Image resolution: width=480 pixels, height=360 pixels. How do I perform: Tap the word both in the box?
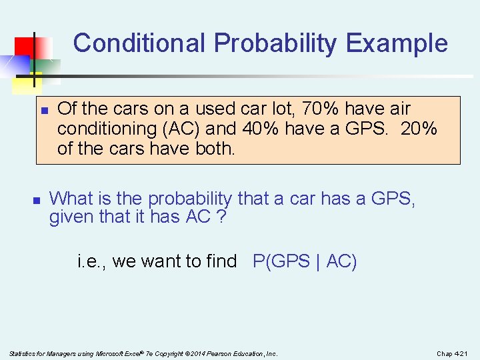214,148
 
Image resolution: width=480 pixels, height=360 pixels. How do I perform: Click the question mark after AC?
221,217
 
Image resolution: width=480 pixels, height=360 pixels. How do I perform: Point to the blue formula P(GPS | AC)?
305,261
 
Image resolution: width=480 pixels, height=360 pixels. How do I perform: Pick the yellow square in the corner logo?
25,83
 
